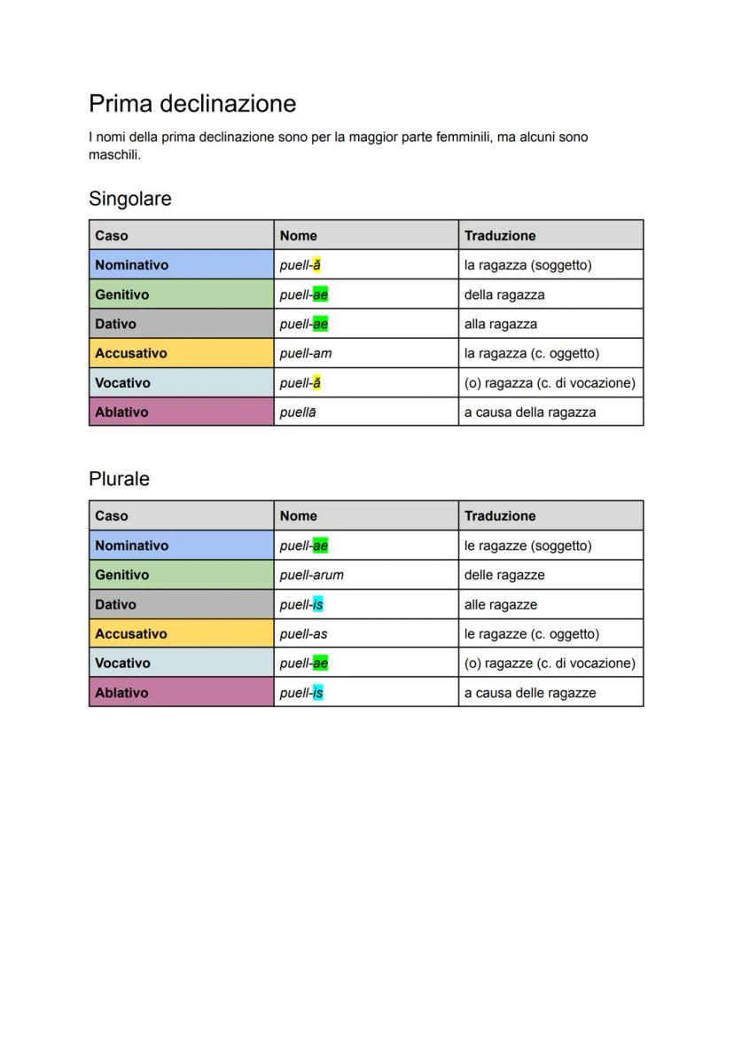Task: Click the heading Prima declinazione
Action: [192, 104]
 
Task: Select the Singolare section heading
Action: [130, 199]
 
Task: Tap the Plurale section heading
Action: [119, 479]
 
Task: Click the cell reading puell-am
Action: [306, 353]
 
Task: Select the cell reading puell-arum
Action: [311, 575]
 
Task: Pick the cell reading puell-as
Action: [303, 633]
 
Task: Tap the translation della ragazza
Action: [504, 295]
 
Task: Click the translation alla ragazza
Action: [501, 324]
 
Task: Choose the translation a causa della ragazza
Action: [530, 412]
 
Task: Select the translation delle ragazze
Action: [504, 575]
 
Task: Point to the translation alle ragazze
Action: [501, 604]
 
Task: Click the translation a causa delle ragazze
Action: [530, 693]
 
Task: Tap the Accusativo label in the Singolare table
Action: [131, 353]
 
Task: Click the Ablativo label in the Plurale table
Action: [121, 693]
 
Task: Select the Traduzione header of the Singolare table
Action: [500, 235]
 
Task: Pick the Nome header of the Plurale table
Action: [298, 515]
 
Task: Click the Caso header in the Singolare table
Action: [112, 235]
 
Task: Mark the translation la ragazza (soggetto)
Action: [527, 264]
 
